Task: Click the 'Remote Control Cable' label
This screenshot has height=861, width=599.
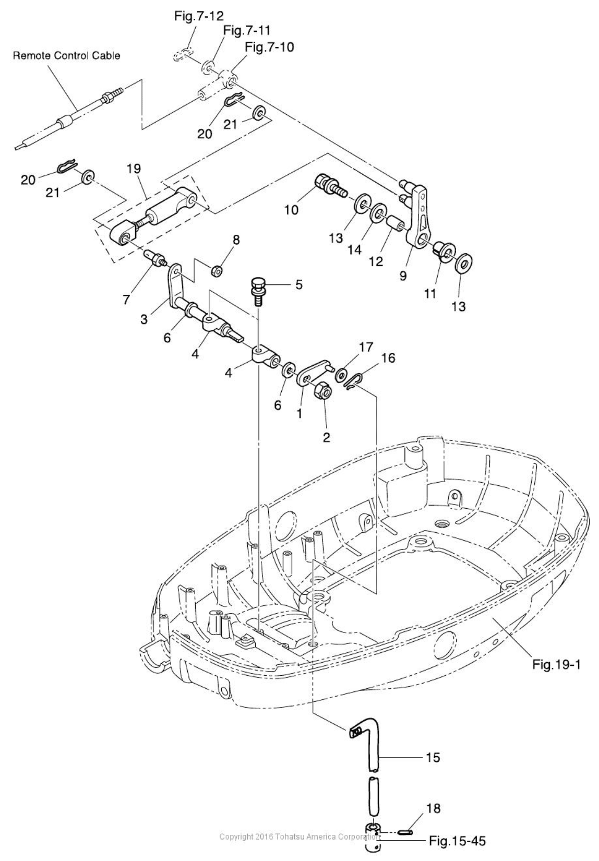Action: point(66,55)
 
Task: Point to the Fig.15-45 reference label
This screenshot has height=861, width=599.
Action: point(458,841)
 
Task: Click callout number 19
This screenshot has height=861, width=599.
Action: point(134,168)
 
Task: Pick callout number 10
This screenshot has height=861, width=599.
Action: point(291,209)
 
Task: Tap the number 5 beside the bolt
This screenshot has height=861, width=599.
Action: point(298,284)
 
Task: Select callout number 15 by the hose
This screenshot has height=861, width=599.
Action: point(434,757)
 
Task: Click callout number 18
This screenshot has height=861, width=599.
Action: point(434,808)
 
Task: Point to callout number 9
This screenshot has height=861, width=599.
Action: point(403,276)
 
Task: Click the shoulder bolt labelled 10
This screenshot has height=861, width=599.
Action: point(330,187)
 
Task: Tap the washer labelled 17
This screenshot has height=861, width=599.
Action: point(342,374)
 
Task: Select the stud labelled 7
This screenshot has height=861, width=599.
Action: point(156,257)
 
